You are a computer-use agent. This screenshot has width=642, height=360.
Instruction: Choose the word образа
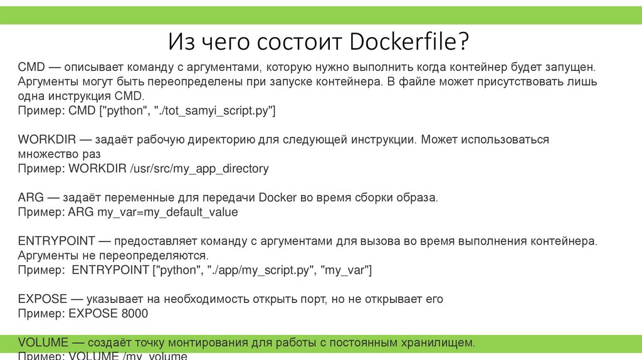coord(418,198)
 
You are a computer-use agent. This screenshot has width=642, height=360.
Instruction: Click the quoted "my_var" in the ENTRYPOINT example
coord(346,270)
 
